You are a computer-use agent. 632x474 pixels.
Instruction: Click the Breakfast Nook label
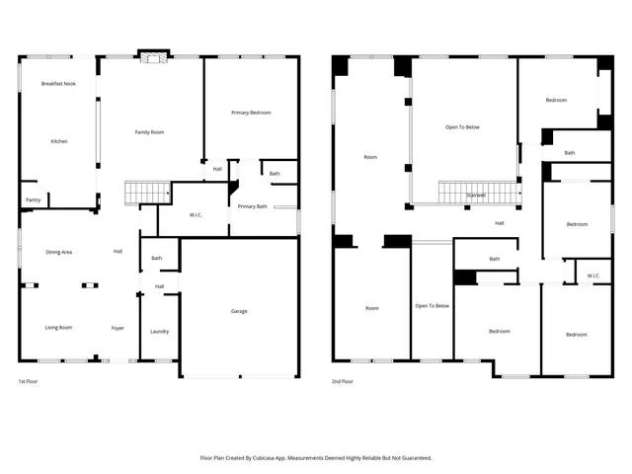pos(59,84)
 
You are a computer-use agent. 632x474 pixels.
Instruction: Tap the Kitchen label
pos(59,141)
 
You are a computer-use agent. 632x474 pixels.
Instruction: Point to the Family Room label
pos(149,131)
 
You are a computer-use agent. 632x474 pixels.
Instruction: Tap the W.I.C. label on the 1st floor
pos(196,214)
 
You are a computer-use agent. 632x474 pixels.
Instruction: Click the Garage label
pos(239,311)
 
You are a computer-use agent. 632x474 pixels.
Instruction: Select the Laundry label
pos(159,331)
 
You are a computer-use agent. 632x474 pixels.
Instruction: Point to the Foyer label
pos(118,327)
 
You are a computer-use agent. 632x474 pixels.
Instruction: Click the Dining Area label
pos(59,252)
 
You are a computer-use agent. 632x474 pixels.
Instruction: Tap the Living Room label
pos(59,327)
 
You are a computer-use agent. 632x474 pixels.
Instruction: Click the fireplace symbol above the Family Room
pos(152,58)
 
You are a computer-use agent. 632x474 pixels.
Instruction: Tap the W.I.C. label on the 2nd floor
pos(592,276)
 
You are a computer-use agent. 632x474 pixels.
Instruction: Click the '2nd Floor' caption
pos(341,380)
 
